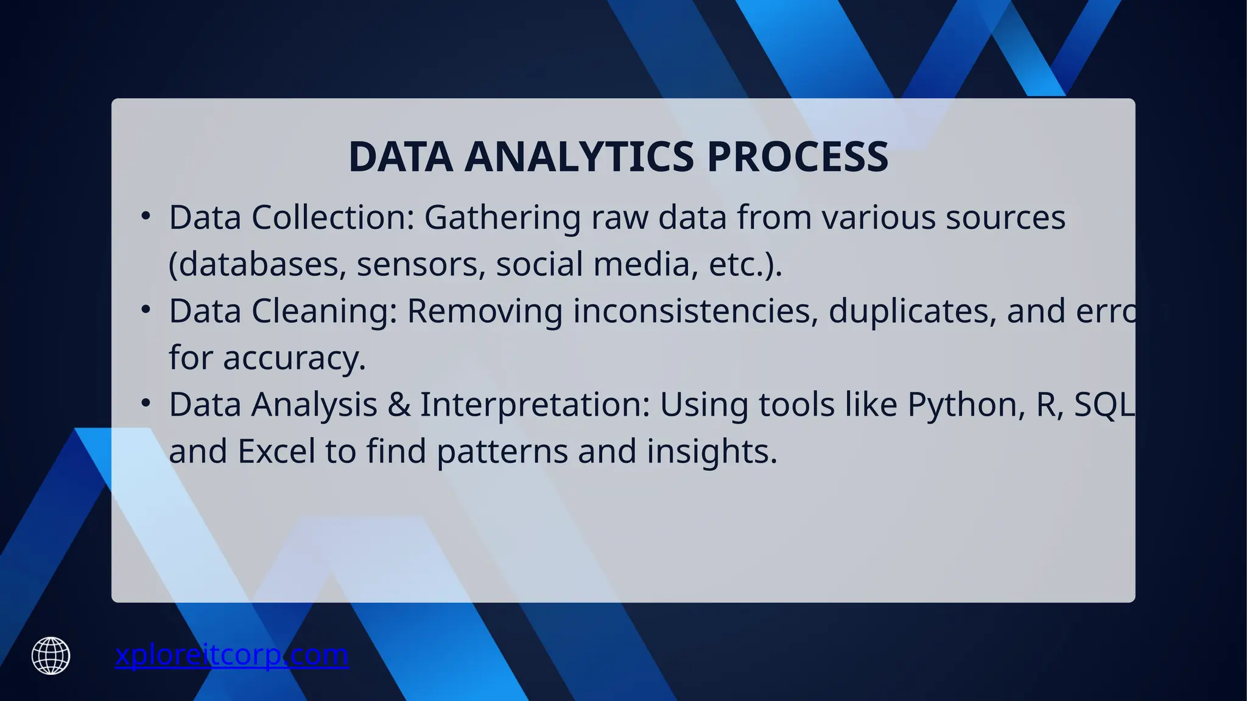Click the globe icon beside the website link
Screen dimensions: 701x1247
(51, 655)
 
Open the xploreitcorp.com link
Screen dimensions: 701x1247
(231, 655)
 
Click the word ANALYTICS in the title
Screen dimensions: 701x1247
(579, 156)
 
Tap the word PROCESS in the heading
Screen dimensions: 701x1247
(797, 156)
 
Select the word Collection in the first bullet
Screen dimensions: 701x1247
(332, 217)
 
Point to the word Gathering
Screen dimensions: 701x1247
(502, 218)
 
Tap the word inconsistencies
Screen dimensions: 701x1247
(695, 311)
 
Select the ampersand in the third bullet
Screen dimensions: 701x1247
(399, 405)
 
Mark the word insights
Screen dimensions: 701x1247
(712, 452)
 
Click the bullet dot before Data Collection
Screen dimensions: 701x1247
(145, 216)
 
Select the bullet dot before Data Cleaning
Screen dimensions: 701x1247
(145, 310)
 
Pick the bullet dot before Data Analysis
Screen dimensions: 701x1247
(145, 403)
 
